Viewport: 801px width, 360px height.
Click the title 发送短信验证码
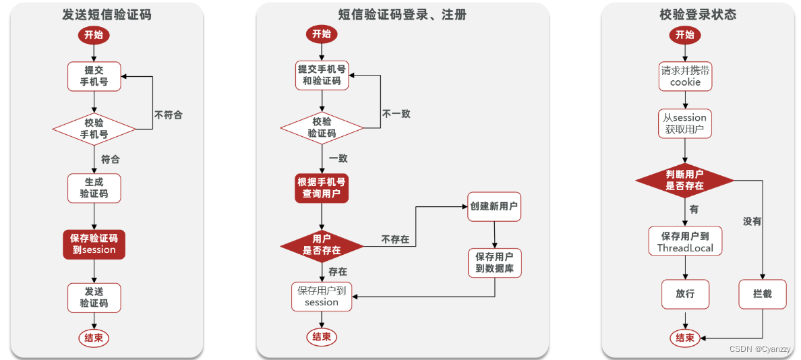107,14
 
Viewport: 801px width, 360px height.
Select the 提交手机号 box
94,76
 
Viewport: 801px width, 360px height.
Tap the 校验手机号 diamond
94,128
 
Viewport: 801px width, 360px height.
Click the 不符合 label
168,115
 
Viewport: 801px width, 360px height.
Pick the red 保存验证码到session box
94,243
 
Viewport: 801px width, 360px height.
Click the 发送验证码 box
94,297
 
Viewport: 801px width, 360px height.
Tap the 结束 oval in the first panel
94,338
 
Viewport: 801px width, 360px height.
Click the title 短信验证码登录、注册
402,14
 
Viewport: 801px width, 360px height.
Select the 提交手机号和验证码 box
322,75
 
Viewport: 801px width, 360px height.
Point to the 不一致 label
396,114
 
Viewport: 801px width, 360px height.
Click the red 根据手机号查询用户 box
322,188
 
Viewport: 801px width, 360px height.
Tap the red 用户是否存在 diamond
322,244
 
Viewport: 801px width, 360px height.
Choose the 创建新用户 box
494,206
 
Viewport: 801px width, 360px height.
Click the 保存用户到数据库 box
494,263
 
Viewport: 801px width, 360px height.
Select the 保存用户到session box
322,297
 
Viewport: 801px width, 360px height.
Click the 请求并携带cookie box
685,76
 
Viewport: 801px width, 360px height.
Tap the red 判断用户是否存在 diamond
685,180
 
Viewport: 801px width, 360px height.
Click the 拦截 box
762,294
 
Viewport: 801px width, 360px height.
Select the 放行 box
685,294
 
